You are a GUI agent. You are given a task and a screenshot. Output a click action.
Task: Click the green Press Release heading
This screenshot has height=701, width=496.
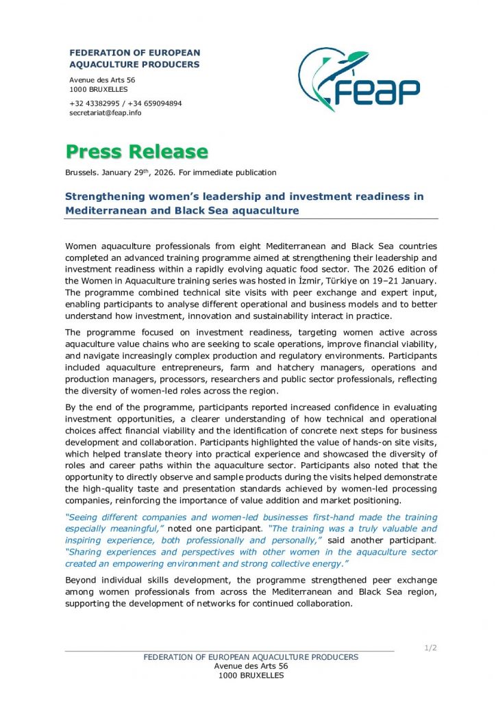click(136, 152)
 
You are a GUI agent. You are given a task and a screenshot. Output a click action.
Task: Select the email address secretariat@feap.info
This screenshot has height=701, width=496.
click(105, 113)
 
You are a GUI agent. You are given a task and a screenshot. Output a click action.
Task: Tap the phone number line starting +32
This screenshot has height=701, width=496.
click(125, 103)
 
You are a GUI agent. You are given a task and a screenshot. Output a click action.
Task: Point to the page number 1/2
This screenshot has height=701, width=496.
click(430, 648)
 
